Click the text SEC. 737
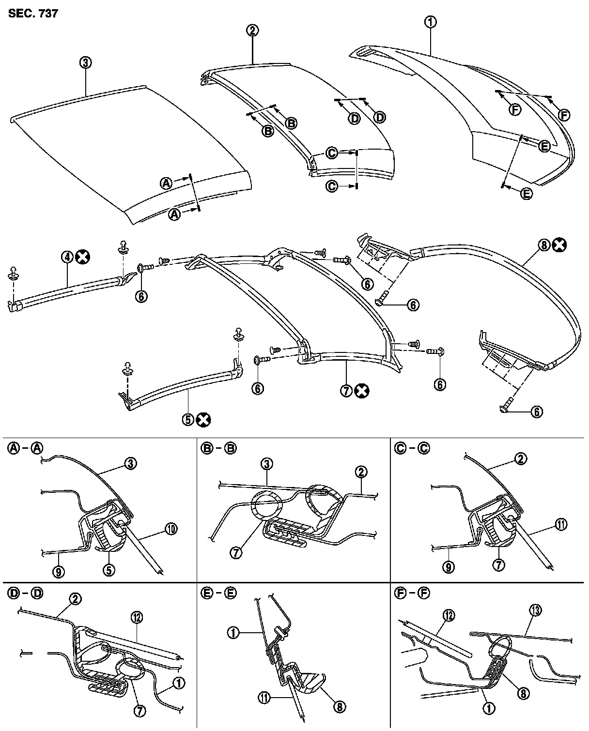[x=33, y=13]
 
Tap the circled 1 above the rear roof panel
[x=430, y=22]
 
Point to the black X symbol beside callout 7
[x=361, y=391]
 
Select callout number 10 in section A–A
[x=171, y=529]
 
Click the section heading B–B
[x=217, y=448]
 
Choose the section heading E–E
[x=217, y=593]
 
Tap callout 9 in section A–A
[x=59, y=572]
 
